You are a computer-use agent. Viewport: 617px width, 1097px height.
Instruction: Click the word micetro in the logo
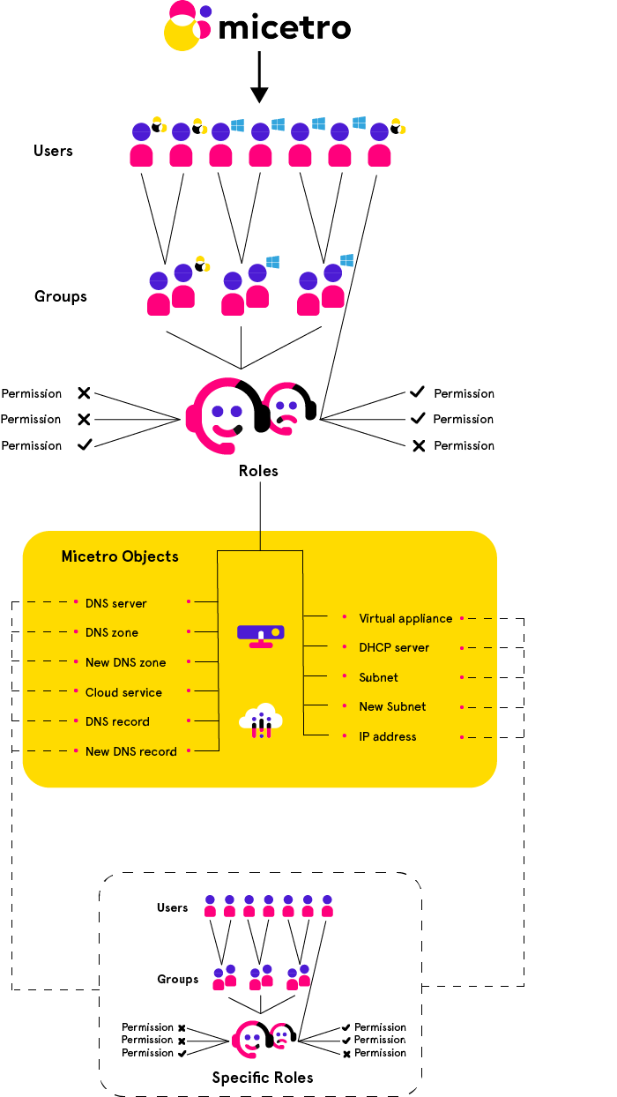click(284, 28)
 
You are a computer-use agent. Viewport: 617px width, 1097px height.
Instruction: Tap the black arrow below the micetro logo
click(258, 78)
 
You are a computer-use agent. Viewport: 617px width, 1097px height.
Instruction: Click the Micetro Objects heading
click(120, 556)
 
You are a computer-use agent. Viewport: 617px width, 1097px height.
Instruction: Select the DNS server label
click(115, 604)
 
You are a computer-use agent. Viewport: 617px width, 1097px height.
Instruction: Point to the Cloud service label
click(123, 692)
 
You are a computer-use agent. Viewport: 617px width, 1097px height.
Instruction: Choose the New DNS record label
click(130, 751)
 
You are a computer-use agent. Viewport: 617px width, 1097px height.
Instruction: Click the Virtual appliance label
click(405, 618)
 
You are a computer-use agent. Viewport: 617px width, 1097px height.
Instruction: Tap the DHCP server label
click(394, 647)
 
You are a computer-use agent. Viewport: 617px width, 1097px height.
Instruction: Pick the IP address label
click(387, 736)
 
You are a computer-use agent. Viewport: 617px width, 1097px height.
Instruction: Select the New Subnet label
click(392, 706)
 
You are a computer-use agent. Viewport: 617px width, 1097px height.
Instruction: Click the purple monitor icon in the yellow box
click(261, 634)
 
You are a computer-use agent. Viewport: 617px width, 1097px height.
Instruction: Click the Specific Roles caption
click(263, 1078)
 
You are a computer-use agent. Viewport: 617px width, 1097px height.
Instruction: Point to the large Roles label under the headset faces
click(258, 471)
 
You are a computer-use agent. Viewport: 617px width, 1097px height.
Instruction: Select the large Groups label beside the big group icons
click(61, 296)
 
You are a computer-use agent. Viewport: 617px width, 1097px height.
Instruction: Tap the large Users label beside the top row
click(53, 151)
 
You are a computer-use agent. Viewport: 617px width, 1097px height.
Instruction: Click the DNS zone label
click(111, 633)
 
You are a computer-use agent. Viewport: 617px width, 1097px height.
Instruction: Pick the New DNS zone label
click(125, 662)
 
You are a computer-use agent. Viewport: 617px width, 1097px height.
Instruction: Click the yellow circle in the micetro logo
click(182, 33)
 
